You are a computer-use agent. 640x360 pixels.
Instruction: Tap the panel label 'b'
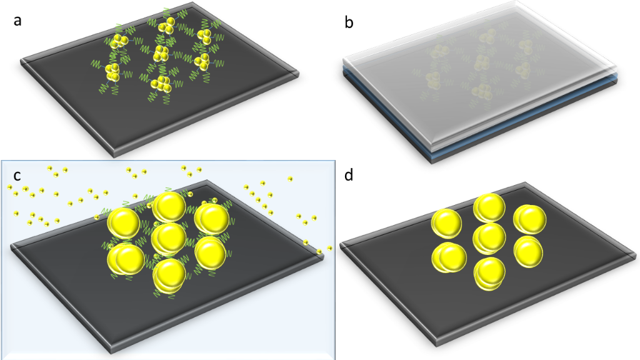(349, 23)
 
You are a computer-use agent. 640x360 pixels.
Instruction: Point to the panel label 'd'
(349, 175)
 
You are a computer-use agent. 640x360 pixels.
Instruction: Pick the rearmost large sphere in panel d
(489, 207)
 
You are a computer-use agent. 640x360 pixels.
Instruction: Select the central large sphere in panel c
(169, 237)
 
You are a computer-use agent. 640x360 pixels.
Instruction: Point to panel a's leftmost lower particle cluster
(113, 72)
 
